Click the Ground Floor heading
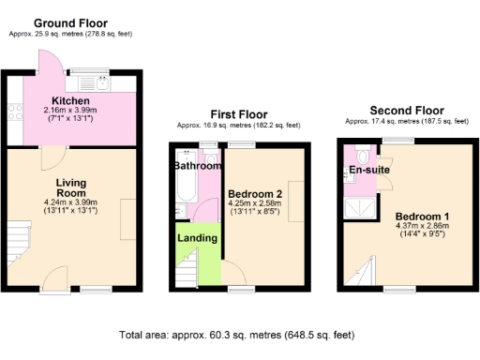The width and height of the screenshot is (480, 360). pos(70,22)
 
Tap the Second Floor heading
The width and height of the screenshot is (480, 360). pos(406,110)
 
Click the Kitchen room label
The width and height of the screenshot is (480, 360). pos(70,101)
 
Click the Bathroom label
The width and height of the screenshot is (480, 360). pos(196,166)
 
